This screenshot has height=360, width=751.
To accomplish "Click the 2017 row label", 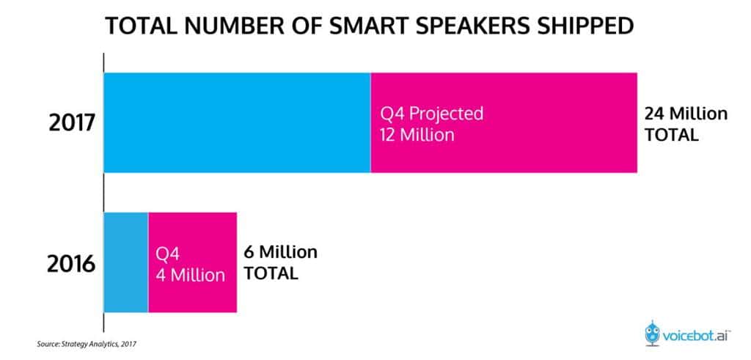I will coord(72,122).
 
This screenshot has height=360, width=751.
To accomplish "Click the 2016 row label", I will coord(71,262).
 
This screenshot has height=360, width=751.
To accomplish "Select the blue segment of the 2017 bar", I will coord(237,122).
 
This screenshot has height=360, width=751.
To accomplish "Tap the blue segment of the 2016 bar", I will coord(126,262).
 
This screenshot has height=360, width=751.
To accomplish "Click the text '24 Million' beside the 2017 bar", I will coord(686,114).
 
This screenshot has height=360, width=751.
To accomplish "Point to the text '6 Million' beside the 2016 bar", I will coord(280,252).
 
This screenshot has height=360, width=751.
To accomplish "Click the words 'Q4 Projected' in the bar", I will coord(431,114).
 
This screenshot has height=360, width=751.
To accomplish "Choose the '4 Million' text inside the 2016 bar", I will coord(190,276).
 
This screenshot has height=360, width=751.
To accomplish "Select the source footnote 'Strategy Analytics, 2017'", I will coord(96,343).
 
